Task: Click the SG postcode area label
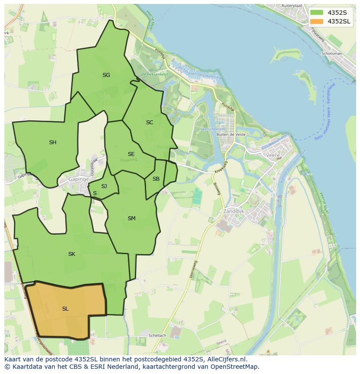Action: click(106, 75)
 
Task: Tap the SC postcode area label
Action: click(150, 122)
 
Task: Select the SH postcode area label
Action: click(53, 142)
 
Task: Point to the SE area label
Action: click(131, 154)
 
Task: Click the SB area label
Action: click(156, 179)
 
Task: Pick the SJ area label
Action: click(104, 186)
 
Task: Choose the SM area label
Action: click(131, 218)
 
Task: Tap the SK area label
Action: click(72, 254)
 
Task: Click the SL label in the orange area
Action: click(65, 309)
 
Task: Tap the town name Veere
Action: click(273, 155)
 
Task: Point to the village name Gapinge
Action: click(79, 179)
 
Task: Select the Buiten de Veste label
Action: click(231, 135)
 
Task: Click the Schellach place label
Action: click(157, 336)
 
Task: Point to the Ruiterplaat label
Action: click(291, 6)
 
